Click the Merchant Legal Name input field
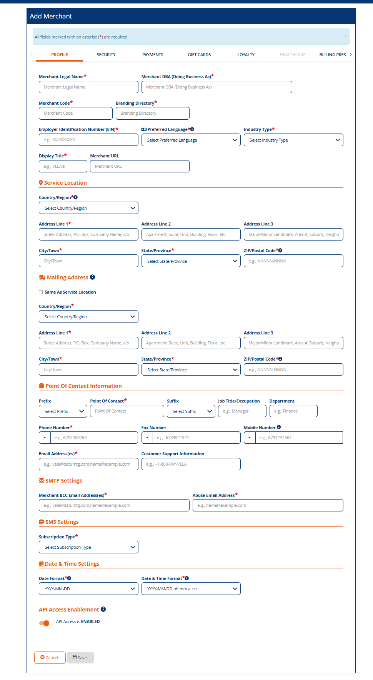[x=88, y=87]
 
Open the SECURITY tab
[x=106, y=55]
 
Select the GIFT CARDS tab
[x=199, y=55]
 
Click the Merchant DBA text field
[x=216, y=87]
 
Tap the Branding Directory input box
[x=152, y=113]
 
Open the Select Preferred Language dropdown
[x=191, y=140]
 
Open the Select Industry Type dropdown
[x=293, y=140]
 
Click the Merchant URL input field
[x=140, y=166]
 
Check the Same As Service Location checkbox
[x=41, y=292]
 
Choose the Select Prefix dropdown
[x=63, y=411]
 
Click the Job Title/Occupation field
[x=242, y=411]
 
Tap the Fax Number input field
[x=196, y=438]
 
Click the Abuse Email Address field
[x=268, y=505]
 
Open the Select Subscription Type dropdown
[x=88, y=547]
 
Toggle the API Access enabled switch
[x=44, y=623]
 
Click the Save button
[x=80, y=658]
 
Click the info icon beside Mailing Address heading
[x=93, y=277]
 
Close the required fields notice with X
[x=346, y=37]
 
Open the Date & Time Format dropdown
[x=191, y=589]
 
